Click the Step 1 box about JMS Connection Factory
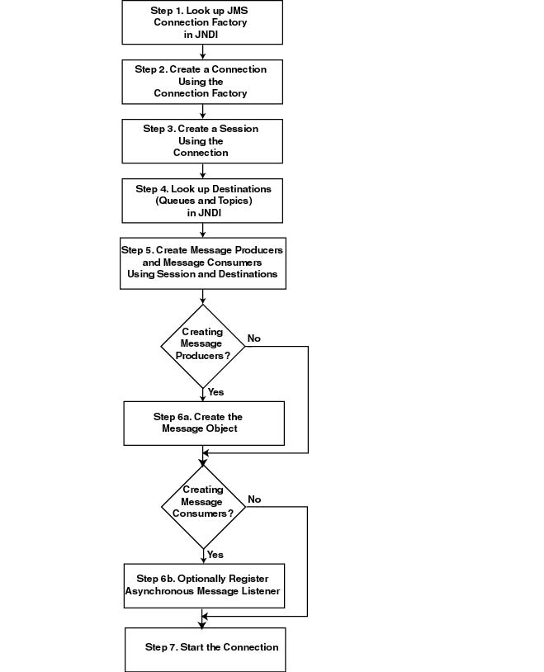202,22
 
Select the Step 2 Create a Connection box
202,81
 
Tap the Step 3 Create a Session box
202,140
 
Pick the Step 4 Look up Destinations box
202,201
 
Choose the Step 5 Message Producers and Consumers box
202,262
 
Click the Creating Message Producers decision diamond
202,344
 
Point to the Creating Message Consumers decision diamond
202,502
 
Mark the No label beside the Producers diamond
254,338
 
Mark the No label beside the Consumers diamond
254,499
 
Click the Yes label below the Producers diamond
215,392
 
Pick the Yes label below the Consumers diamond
215,555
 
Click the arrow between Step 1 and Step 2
202,51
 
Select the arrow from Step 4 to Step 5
202,230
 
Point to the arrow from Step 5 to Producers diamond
202,296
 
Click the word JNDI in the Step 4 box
201,212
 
